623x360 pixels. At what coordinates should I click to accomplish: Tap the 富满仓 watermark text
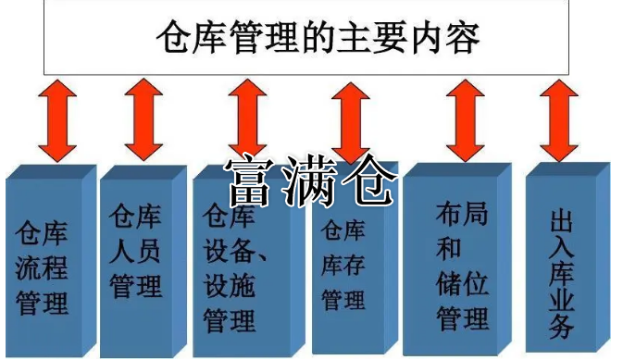[x=310, y=179]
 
